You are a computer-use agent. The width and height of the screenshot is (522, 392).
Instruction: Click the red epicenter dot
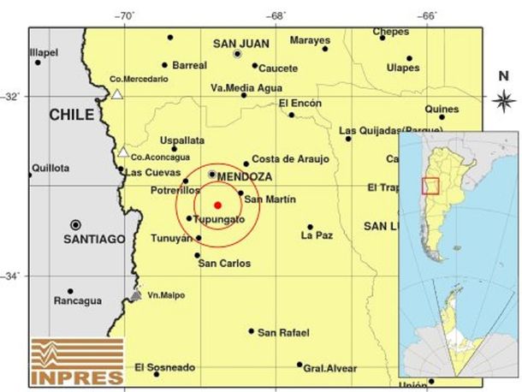217,205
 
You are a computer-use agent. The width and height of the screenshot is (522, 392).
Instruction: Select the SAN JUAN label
240,44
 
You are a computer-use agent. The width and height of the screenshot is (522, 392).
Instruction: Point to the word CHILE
71,115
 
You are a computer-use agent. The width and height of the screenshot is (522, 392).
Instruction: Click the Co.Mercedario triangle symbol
117,94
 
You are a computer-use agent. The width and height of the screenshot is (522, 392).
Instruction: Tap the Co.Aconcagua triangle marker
123,152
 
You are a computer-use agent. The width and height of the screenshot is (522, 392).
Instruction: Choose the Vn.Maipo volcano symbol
135,295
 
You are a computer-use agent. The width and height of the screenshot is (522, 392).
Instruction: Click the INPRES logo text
74,376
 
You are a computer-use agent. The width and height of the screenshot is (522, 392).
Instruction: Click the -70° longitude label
125,15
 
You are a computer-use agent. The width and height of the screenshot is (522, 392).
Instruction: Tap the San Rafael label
283,332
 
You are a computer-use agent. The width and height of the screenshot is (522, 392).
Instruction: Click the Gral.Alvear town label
330,368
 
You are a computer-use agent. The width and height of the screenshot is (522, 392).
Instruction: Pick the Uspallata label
182,139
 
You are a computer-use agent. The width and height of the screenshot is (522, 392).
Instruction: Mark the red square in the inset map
431,186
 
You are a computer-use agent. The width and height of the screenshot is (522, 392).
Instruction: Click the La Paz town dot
310,227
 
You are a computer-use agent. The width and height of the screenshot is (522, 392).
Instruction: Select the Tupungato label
220,220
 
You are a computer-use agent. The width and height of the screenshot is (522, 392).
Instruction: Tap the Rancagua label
77,301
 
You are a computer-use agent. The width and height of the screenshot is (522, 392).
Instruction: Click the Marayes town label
310,40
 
